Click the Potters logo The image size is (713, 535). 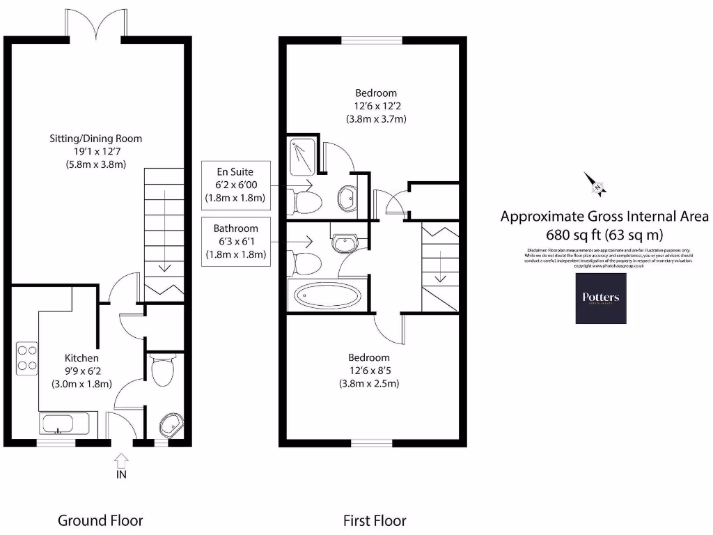tap(600, 298)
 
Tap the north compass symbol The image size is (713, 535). tap(596, 185)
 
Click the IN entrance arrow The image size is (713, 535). tap(121, 460)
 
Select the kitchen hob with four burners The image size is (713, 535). tap(27, 357)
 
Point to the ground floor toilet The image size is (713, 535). tap(162, 371)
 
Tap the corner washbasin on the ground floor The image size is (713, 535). tap(170, 424)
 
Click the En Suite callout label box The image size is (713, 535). tap(235, 184)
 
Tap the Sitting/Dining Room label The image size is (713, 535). tap(95, 139)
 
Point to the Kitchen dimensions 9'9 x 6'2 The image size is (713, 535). tap(81, 371)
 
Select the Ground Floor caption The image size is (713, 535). tap(100, 520)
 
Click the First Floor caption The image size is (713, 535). tap(374, 520)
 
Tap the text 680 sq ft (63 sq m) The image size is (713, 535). tap(604, 234)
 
